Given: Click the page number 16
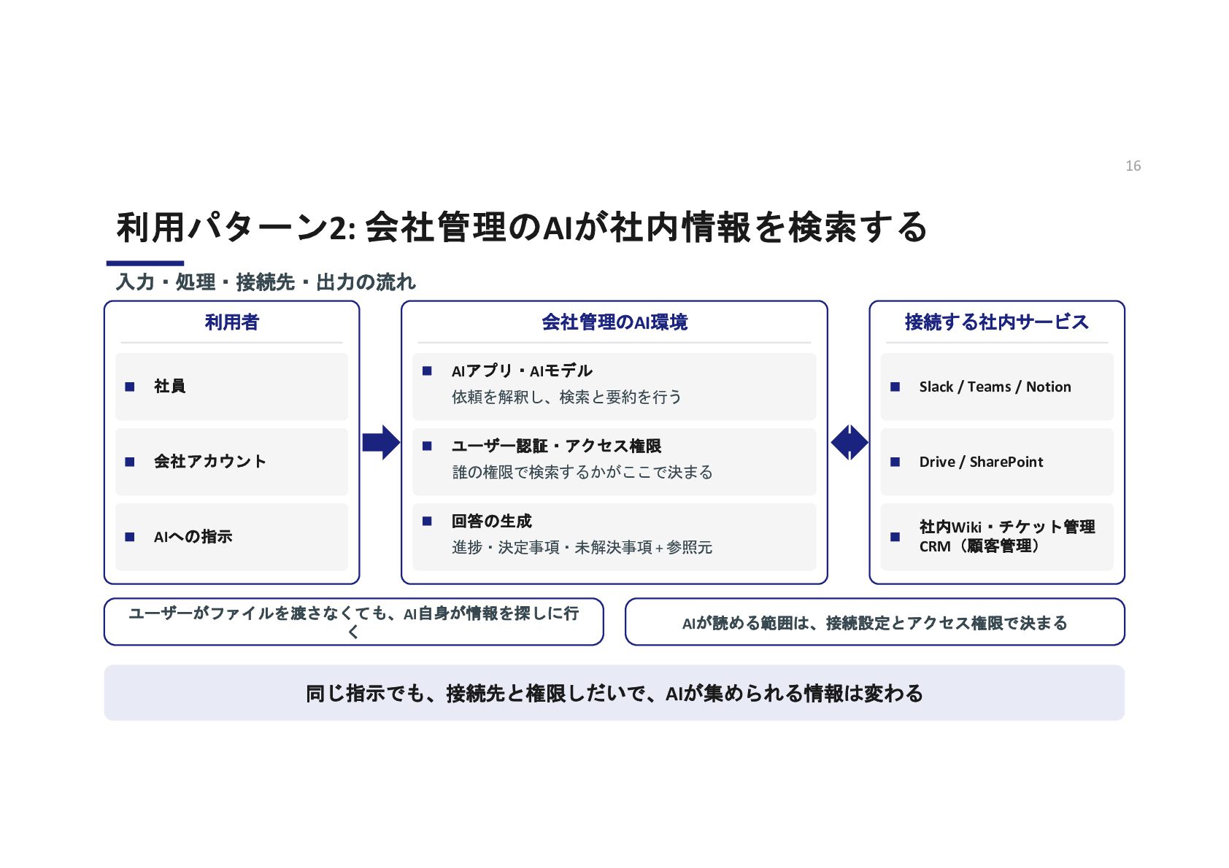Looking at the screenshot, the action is click(x=1133, y=166).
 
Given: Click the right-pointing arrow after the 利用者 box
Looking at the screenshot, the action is click(x=381, y=442).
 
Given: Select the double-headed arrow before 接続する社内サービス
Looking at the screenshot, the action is click(x=849, y=442).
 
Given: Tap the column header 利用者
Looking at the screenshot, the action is click(x=231, y=322).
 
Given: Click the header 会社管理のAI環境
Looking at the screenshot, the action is click(x=614, y=322).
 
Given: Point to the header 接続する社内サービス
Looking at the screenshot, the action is click(x=997, y=322).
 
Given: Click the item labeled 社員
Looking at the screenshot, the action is click(x=169, y=386).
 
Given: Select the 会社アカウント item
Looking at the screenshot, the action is click(x=210, y=461).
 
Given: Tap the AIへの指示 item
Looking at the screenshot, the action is click(x=193, y=536).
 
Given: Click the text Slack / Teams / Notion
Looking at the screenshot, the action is click(x=995, y=387).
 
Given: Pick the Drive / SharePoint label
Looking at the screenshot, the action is click(x=981, y=462).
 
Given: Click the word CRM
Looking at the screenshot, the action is click(x=935, y=546).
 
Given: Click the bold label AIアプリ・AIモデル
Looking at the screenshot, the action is click(x=522, y=371).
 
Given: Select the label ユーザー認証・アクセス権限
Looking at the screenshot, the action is click(x=556, y=446).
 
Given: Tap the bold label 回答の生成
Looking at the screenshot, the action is click(x=492, y=521).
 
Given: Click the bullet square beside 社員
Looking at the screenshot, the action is click(x=129, y=387).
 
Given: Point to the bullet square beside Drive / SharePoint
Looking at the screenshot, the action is click(x=895, y=462).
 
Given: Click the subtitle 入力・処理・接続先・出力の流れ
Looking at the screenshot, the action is click(x=266, y=282).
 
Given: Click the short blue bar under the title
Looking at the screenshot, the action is click(x=145, y=263).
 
